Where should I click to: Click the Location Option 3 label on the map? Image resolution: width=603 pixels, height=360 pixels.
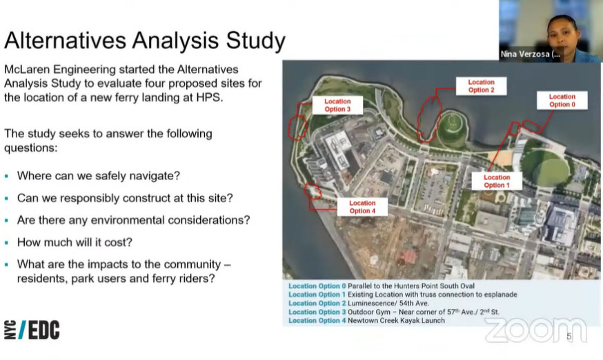click(x=337, y=105)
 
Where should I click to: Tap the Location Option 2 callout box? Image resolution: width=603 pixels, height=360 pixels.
click(x=481, y=86)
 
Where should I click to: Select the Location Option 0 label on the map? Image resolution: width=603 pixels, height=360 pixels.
click(x=562, y=101)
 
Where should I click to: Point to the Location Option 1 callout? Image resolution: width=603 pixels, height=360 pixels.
click(x=497, y=181)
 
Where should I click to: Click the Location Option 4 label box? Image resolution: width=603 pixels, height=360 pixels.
click(x=362, y=207)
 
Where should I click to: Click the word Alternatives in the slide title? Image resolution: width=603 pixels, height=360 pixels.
click(x=66, y=40)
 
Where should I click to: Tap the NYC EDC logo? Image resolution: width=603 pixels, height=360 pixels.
click(x=32, y=330)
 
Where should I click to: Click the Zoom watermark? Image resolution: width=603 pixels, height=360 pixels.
click(x=535, y=330)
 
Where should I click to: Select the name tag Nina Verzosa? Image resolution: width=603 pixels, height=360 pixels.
click(x=530, y=54)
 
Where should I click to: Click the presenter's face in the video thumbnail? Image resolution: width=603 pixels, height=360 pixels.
click(x=562, y=37)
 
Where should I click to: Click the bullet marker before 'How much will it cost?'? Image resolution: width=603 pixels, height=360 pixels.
click(x=6, y=243)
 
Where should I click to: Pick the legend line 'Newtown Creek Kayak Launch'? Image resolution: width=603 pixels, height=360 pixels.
click(x=396, y=321)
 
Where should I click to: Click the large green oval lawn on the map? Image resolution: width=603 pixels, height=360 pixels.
click(x=545, y=168)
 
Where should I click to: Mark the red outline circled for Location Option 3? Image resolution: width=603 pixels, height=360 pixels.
click(x=297, y=128)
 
